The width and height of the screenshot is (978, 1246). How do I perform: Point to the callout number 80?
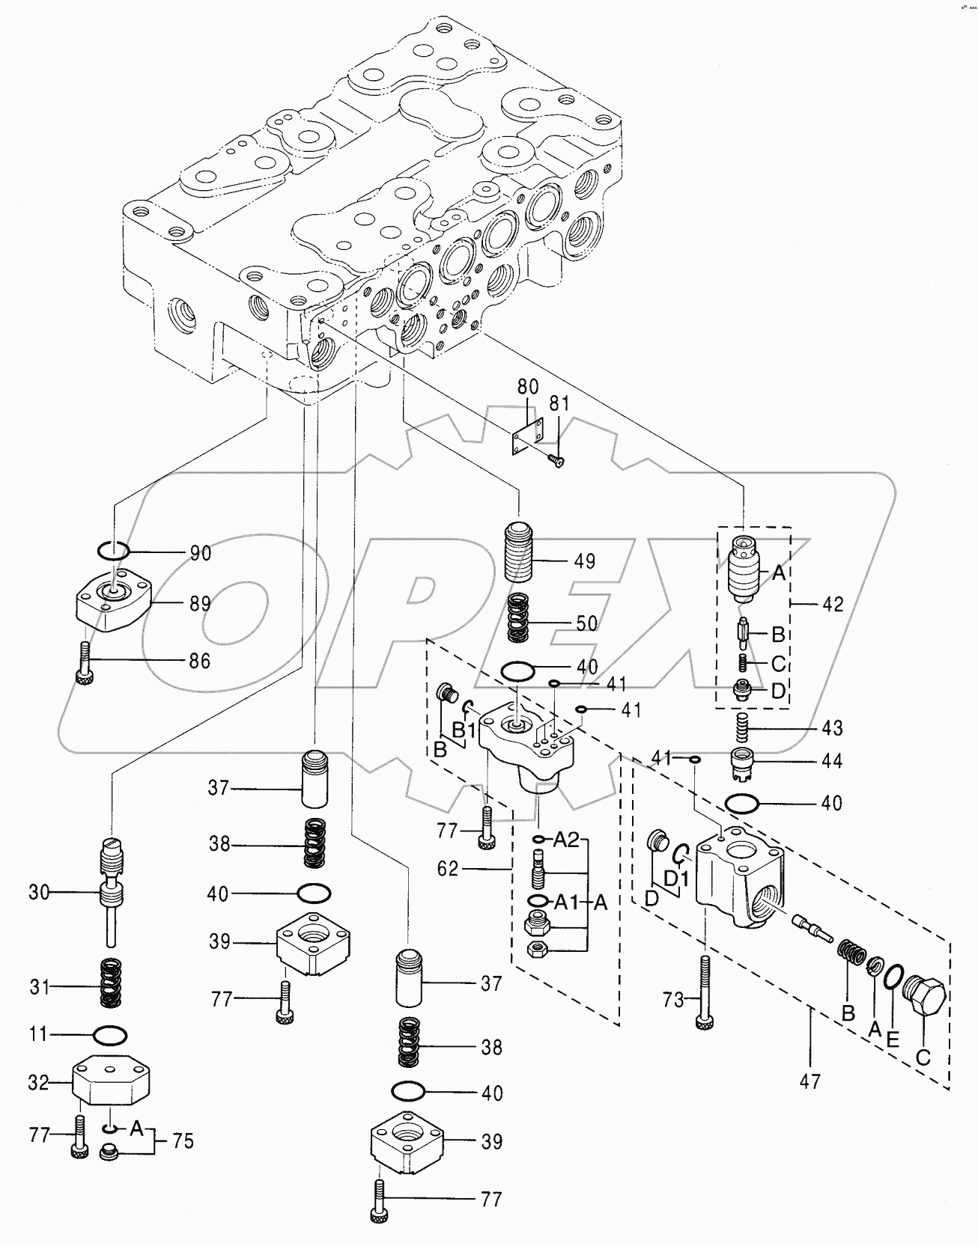coord(528,387)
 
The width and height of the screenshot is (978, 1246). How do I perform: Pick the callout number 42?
coord(832,604)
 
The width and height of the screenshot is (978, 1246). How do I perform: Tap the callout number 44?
coord(831,762)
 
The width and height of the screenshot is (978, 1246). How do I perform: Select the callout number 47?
coord(809,1081)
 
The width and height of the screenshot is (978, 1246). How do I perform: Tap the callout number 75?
coord(183,1140)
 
